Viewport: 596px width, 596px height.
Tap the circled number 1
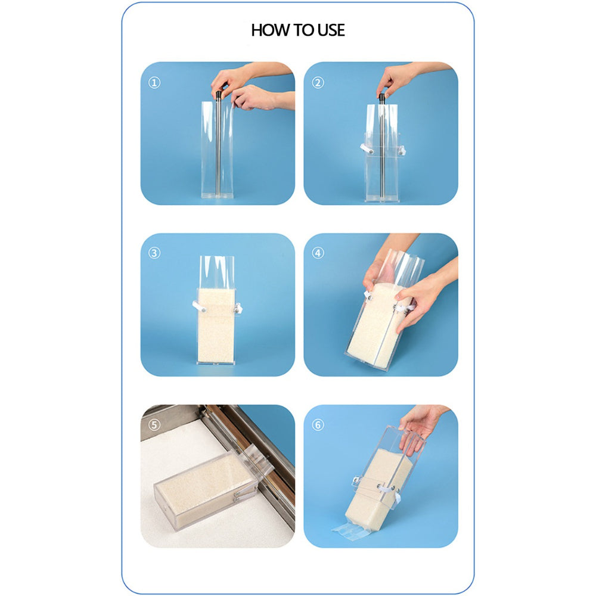[154, 83]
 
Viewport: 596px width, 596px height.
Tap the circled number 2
[318, 83]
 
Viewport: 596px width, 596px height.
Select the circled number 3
[154, 253]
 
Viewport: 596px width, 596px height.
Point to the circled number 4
[318, 253]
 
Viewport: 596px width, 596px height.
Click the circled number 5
[154, 425]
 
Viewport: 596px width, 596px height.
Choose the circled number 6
[318, 425]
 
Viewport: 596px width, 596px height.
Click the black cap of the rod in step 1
[219, 94]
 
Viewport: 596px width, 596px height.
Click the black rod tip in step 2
[381, 97]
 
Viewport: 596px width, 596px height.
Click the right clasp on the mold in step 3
[238, 308]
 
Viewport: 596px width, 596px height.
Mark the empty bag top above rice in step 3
[216, 272]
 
